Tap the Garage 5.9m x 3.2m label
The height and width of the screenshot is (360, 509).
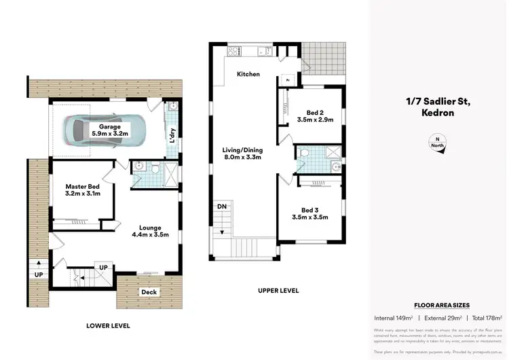(x=110, y=130)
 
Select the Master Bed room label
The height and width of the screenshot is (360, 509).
(x=83, y=190)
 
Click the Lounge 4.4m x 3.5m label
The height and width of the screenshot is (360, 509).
(x=149, y=231)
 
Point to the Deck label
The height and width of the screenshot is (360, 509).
(x=149, y=292)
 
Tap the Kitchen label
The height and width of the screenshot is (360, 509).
(x=248, y=73)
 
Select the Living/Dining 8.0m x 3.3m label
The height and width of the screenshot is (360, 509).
(x=242, y=153)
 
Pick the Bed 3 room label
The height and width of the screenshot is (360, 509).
(x=313, y=213)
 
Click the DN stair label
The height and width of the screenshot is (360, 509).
(x=221, y=205)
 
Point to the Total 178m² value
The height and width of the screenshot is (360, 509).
(x=487, y=318)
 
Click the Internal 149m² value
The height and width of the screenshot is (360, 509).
(x=395, y=318)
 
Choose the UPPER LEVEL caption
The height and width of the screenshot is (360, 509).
(x=278, y=291)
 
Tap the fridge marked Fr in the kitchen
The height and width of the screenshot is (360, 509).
(x=288, y=79)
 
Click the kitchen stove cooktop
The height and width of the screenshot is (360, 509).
(x=235, y=50)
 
